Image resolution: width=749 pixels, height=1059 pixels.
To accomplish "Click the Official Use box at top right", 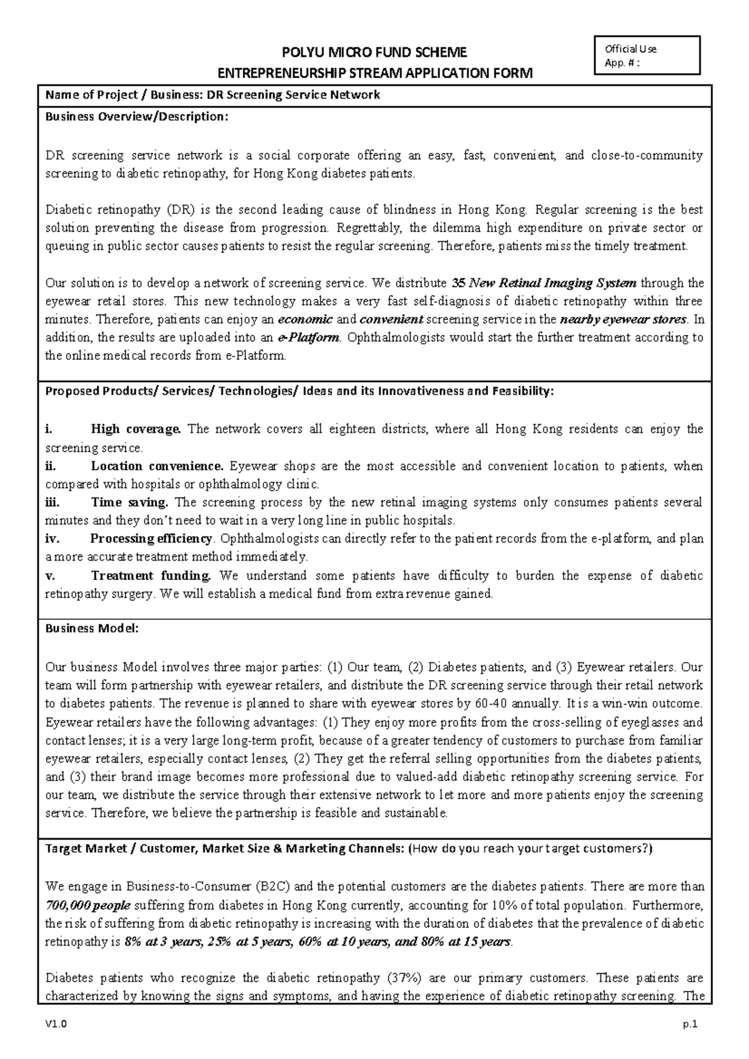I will click(649, 55).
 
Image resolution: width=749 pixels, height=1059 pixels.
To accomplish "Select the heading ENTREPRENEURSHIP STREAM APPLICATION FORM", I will click(374, 74).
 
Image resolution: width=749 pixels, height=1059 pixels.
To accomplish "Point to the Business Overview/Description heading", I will click(133, 117).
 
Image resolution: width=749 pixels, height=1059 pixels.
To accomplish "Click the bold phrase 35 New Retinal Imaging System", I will click(544, 283).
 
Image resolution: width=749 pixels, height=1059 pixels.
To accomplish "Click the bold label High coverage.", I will click(136, 429).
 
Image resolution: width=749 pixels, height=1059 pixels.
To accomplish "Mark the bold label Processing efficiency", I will click(152, 539).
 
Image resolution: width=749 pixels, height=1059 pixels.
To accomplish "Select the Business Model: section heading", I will click(92, 629).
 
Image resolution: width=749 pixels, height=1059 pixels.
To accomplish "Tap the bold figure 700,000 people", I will click(88, 905).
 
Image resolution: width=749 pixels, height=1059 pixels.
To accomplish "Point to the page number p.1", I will click(690, 1024).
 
